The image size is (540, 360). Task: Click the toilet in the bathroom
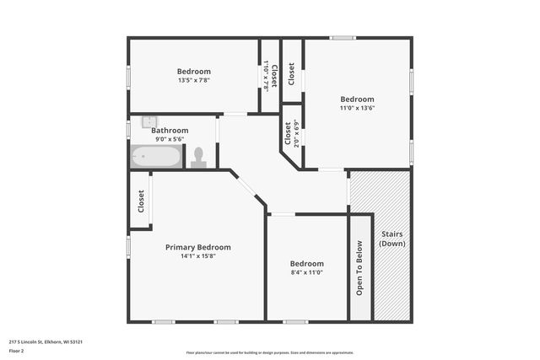coord(199,158)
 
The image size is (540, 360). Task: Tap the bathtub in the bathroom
coord(156,157)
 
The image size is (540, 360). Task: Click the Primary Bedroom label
coord(197,247)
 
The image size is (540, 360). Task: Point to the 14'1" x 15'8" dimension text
coord(197,256)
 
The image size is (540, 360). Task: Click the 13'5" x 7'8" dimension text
coord(193,81)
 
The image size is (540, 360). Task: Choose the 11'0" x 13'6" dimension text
coord(357,108)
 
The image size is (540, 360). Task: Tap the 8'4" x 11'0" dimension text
coord(306,272)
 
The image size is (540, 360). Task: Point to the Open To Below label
coord(359,268)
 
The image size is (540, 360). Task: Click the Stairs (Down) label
coord(392,238)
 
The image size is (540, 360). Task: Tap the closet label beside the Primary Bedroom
coord(141,201)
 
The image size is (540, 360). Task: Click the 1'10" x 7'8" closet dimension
coord(266,76)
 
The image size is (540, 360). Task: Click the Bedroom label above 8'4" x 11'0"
coord(306,263)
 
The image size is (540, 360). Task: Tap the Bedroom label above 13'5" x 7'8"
coord(193,72)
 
